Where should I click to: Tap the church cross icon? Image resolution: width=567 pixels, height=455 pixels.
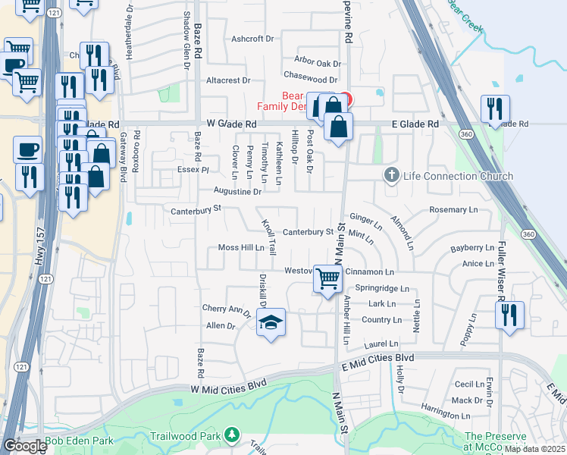[x=391, y=176]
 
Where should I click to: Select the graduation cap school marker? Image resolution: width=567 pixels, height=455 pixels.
[x=270, y=323]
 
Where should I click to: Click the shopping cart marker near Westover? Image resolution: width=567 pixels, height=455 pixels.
[x=327, y=279]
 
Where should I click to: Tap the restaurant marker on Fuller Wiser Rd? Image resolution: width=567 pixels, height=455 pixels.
[x=509, y=314]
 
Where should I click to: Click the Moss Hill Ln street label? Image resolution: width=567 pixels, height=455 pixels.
[x=241, y=247]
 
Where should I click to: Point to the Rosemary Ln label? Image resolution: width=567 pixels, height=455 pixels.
[x=453, y=209]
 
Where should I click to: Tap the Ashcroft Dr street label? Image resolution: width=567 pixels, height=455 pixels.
[x=252, y=39]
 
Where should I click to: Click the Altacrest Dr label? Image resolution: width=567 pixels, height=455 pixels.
[x=228, y=80]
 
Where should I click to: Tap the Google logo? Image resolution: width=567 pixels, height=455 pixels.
[x=24, y=446]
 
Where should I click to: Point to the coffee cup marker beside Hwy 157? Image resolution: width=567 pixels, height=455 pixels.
[x=27, y=149]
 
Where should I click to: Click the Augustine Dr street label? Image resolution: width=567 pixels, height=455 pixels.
[x=237, y=192]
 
